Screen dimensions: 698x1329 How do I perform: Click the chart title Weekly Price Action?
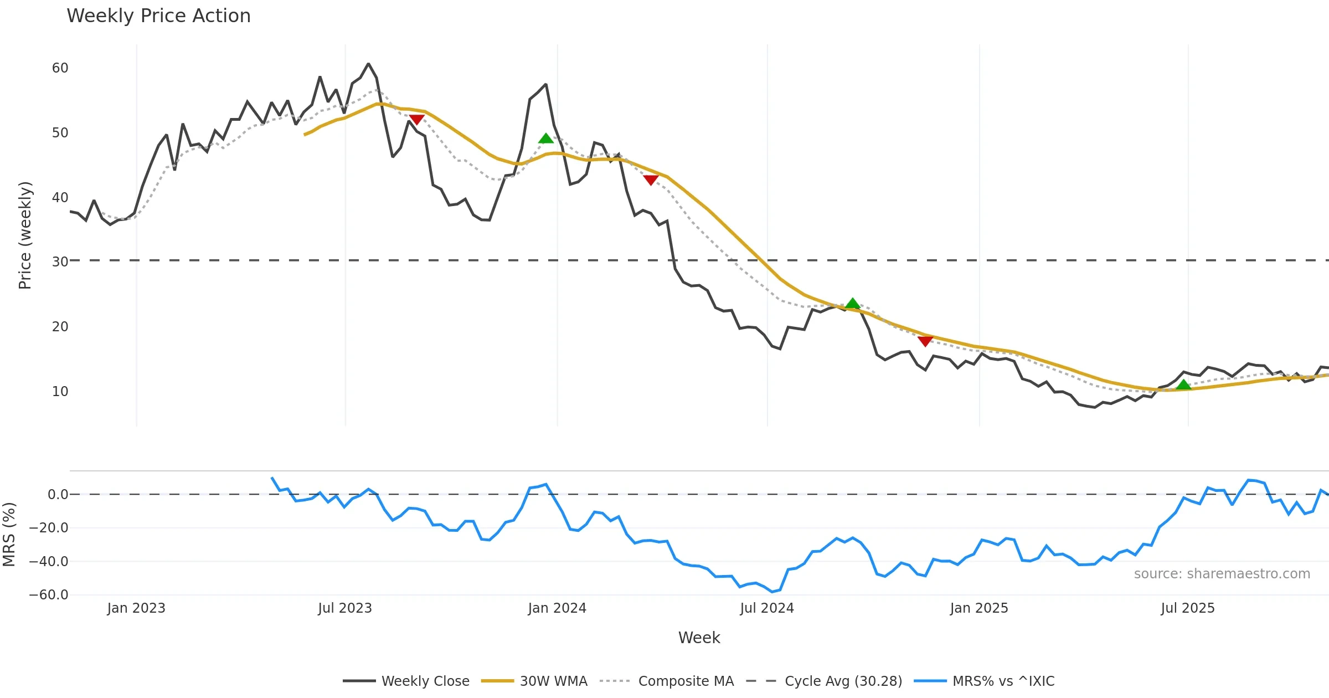pos(158,16)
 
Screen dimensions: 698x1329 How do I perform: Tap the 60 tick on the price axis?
pos(60,68)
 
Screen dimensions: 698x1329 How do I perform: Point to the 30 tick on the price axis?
pos(60,261)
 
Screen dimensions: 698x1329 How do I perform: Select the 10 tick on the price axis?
pos(60,392)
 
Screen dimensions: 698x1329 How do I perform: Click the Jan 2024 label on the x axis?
pos(557,608)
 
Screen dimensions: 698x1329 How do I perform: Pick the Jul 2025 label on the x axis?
pos(1187,608)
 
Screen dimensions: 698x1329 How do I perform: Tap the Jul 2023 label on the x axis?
pos(344,608)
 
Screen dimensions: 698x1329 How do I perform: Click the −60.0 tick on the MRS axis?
pos(49,595)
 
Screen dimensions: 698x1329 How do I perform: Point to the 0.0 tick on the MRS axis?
pos(58,495)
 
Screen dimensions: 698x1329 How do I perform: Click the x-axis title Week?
pos(699,638)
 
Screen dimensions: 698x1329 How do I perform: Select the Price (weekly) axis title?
pos(25,235)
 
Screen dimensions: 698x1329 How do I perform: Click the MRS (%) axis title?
pos(9,535)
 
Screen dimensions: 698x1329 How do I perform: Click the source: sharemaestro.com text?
pos(1222,574)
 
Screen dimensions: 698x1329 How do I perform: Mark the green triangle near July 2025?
pos(1183,385)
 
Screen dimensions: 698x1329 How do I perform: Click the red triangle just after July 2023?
pos(416,120)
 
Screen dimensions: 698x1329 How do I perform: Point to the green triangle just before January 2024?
pos(545,138)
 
